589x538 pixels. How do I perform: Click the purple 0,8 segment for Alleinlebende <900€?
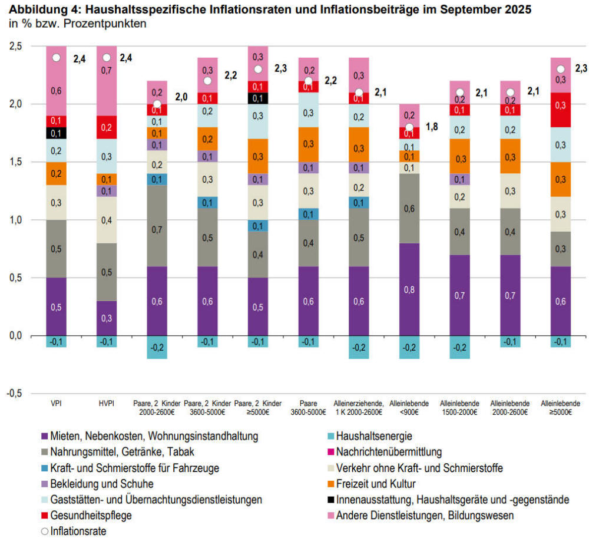[x=409, y=289]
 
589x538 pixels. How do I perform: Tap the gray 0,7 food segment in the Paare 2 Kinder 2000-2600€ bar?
[x=157, y=226]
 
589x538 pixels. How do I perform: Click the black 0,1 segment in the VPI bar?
[x=57, y=133]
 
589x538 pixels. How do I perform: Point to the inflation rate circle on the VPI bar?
[x=57, y=58]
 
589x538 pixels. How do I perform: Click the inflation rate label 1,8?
[x=432, y=126]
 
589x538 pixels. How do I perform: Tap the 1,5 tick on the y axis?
[x=18, y=162]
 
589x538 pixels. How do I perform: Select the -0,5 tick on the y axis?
[x=16, y=393]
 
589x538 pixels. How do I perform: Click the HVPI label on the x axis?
[x=107, y=403]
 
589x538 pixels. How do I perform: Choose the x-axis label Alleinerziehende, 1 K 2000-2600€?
[x=359, y=407]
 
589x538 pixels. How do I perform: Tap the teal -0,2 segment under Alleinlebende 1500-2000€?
[x=459, y=346]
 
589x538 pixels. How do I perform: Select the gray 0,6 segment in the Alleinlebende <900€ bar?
[x=409, y=209]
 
